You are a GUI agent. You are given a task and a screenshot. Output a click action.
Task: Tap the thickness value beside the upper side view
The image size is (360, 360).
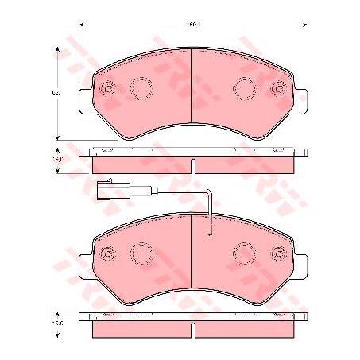pyautogui.click(x=58, y=159)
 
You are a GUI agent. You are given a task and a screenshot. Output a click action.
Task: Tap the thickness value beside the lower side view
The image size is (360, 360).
pyautogui.click(x=58, y=323)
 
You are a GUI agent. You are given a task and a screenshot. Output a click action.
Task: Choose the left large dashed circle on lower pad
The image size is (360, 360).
pyautogui.click(x=142, y=254)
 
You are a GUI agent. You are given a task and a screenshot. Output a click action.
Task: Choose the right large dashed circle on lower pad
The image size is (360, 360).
pyautogui.click(x=243, y=254)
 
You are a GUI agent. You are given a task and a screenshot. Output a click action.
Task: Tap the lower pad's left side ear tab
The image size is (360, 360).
pyautogui.click(x=86, y=262)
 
